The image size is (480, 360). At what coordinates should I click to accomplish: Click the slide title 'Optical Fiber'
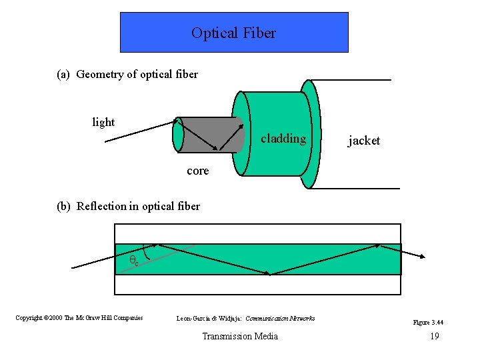tap(233, 33)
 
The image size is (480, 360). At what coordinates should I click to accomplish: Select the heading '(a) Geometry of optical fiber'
tap(127, 74)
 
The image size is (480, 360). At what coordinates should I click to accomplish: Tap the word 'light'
tap(103, 122)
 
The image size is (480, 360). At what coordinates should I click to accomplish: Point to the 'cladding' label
tap(283, 139)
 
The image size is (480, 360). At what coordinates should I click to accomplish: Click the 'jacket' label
tap(364, 141)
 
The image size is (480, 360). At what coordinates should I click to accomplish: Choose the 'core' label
tap(197, 171)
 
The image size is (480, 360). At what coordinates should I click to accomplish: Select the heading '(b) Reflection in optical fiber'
tap(128, 206)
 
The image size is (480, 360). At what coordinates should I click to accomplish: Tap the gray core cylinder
tap(207, 135)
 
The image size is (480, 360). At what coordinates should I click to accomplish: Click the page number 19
tap(434, 336)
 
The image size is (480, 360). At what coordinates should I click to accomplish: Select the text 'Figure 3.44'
tap(428, 323)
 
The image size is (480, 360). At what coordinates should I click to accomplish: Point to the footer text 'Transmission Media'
tap(240, 336)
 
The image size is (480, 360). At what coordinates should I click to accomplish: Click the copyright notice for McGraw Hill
tap(79, 318)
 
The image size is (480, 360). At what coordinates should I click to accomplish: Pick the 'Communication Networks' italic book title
tap(280, 318)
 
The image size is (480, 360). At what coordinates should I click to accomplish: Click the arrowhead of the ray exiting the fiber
tap(423, 255)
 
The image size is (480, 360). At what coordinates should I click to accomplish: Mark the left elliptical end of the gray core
tap(178, 135)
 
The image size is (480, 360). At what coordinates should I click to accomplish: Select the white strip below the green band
tap(258, 284)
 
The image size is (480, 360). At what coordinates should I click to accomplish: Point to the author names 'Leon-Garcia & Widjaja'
tap(209, 318)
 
